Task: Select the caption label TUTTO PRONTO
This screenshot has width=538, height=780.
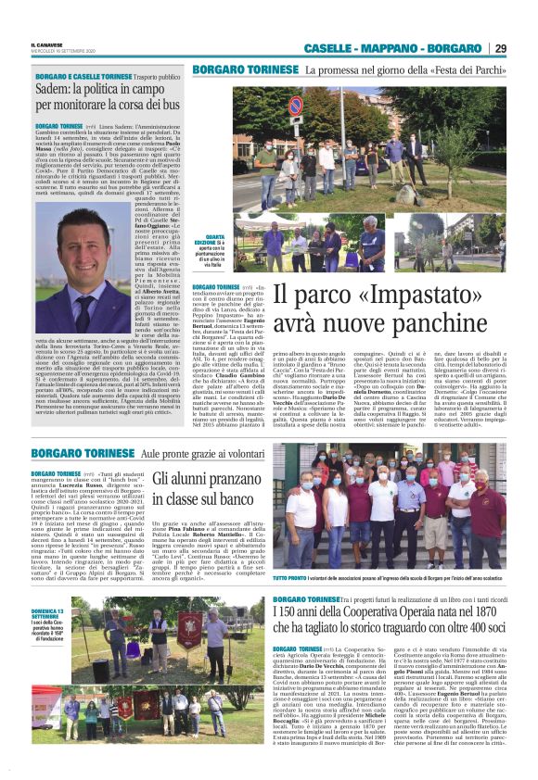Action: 289,578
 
